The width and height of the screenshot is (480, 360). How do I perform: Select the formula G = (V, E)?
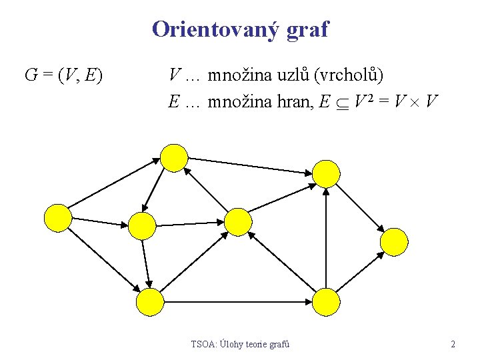(x=63, y=75)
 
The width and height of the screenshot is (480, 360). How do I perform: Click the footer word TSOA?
(x=203, y=345)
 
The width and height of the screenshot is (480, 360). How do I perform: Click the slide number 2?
(x=453, y=345)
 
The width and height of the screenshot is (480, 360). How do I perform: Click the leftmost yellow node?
(x=57, y=218)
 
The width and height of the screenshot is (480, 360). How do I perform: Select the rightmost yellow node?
(x=394, y=241)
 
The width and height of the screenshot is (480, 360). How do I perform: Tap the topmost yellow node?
(x=175, y=157)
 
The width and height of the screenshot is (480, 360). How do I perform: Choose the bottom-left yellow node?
(x=149, y=301)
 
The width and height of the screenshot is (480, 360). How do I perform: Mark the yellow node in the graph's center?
(x=238, y=221)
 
